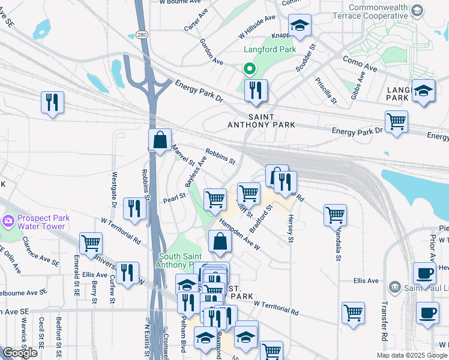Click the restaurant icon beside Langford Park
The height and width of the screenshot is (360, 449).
[256, 91]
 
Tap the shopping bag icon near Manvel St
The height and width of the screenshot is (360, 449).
[160, 140]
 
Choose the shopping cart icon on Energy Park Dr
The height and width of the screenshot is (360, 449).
[396, 122]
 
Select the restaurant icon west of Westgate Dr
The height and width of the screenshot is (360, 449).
[53, 102]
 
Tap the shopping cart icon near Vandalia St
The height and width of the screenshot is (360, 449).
[335, 215]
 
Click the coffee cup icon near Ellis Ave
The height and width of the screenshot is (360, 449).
[424, 274]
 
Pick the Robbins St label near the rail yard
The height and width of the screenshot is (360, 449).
[220, 156]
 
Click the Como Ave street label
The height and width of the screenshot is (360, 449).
[359, 62]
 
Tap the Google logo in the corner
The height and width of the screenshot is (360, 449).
[20, 353]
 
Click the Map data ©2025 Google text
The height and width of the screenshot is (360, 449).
[411, 355]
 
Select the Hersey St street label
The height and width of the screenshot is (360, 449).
[291, 229]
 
